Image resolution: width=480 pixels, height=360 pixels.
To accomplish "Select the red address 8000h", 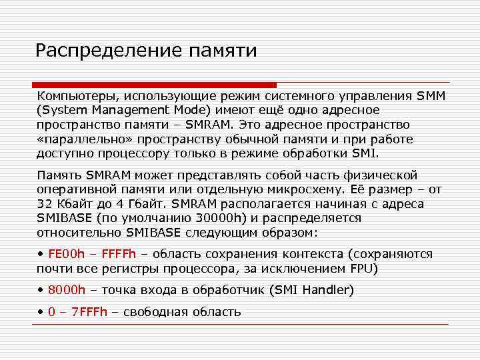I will click(x=67, y=290).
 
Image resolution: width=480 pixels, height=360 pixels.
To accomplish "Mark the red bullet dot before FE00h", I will click(x=41, y=254).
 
